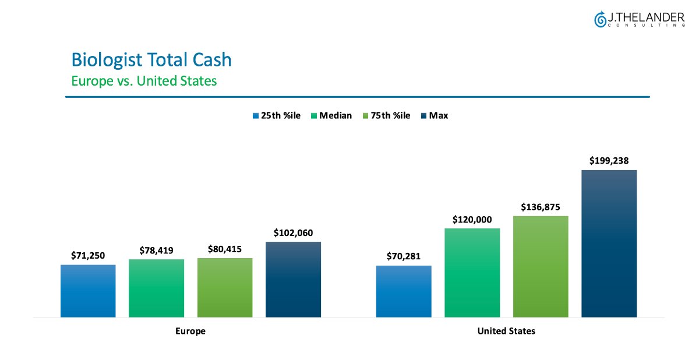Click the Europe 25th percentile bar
[x=88, y=291]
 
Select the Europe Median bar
[x=156, y=288]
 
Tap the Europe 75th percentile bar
[x=225, y=287]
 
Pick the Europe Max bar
[x=293, y=279]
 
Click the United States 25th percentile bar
[x=404, y=291]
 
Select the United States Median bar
[x=472, y=273]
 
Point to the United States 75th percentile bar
[x=541, y=266]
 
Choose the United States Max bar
[x=609, y=243]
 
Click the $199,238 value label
[x=609, y=161]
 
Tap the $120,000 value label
[x=472, y=220]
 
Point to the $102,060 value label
[x=293, y=233]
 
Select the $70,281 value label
[x=404, y=256]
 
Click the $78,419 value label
[x=156, y=250]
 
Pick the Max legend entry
[x=434, y=115]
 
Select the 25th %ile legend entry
[x=276, y=115]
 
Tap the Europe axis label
[x=190, y=331]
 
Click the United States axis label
[x=506, y=331]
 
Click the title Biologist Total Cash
[x=151, y=59]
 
